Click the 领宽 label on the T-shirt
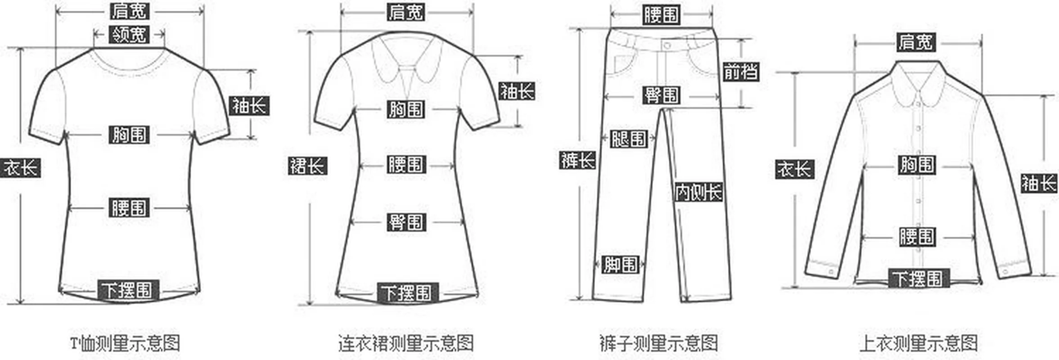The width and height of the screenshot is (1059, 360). click(129, 34)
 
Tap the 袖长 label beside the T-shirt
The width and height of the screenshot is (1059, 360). click(249, 106)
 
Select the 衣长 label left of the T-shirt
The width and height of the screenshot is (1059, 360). click(21, 168)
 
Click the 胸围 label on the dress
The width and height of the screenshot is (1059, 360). click(406, 109)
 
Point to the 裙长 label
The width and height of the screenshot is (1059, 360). click(307, 166)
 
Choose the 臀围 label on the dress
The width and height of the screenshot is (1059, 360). click(406, 222)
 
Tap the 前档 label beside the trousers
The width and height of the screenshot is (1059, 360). click(741, 72)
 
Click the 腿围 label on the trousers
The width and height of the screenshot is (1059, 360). click(628, 139)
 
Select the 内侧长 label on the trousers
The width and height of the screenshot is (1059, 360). click(698, 192)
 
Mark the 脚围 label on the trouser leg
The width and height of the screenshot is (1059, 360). click(620, 265)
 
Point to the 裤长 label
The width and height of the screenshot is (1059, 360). click(577, 160)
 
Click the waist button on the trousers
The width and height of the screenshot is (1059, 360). click(667, 45)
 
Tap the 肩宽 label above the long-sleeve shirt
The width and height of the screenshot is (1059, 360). click(916, 42)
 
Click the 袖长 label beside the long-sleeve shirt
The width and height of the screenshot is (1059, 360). click(1038, 183)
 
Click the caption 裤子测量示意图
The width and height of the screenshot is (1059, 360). click(658, 343)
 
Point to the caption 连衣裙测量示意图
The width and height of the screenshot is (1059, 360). click(406, 343)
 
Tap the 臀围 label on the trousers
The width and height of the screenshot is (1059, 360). click(661, 95)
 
